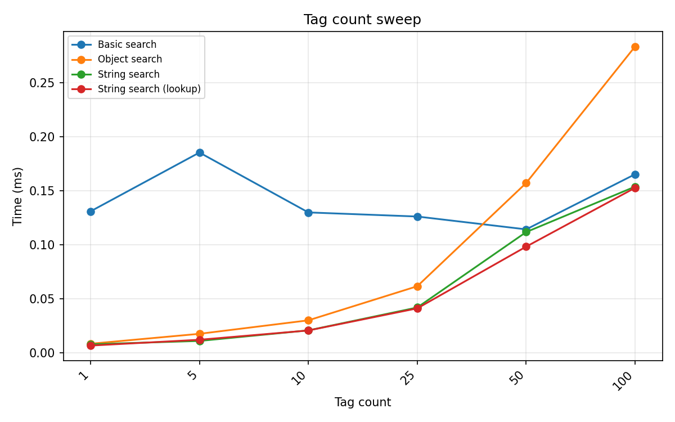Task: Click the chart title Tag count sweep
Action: click(x=362, y=20)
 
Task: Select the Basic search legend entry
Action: click(x=127, y=44)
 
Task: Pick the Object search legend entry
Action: click(x=129, y=59)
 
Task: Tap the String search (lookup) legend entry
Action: click(x=149, y=89)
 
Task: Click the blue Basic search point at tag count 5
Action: click(x=200, y=152)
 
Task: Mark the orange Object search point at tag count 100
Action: click(x=635, y=47)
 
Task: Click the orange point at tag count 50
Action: click(x=526, y=183)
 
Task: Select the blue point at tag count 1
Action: click(x=91, y=212)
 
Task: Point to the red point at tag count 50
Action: click(x=526, y=246)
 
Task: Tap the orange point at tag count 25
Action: click(x=417, y=286)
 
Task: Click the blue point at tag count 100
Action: click(x=635, y=174)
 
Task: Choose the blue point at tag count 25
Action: click(x=417, y=217)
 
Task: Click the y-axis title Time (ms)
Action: click(x=18, y=196)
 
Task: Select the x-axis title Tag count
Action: click(x=362, y=402)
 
